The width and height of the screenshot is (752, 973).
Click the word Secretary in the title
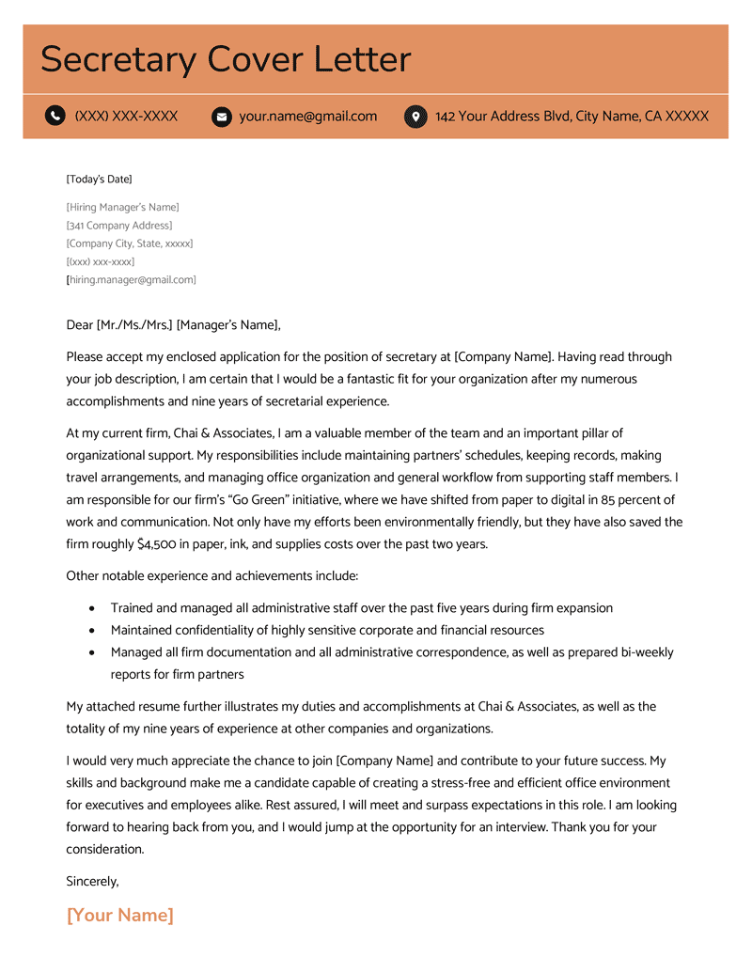tap(118, 60)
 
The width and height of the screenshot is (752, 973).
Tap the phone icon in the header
tap(55, 117)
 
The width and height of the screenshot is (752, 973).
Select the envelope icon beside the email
tap(222, 117)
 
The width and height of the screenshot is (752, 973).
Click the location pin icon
tap(415, 117)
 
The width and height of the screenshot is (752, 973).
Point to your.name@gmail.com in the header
tap(307, 117)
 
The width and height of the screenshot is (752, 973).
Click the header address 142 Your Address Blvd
tap(572, 117)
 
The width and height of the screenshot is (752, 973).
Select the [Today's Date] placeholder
tap(99, 179)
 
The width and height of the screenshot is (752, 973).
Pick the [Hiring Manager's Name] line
tap(122, 207)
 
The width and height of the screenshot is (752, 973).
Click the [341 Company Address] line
tap(119, 226)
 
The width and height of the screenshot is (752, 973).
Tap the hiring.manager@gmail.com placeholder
tap(132, 280)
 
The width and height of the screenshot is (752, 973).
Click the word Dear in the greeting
tap(80, 325)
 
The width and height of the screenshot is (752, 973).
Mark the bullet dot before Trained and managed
tap(91, 609)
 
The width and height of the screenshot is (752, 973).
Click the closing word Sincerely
tap(92, 881)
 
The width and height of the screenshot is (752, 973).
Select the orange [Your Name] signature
tap(120, 916)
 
